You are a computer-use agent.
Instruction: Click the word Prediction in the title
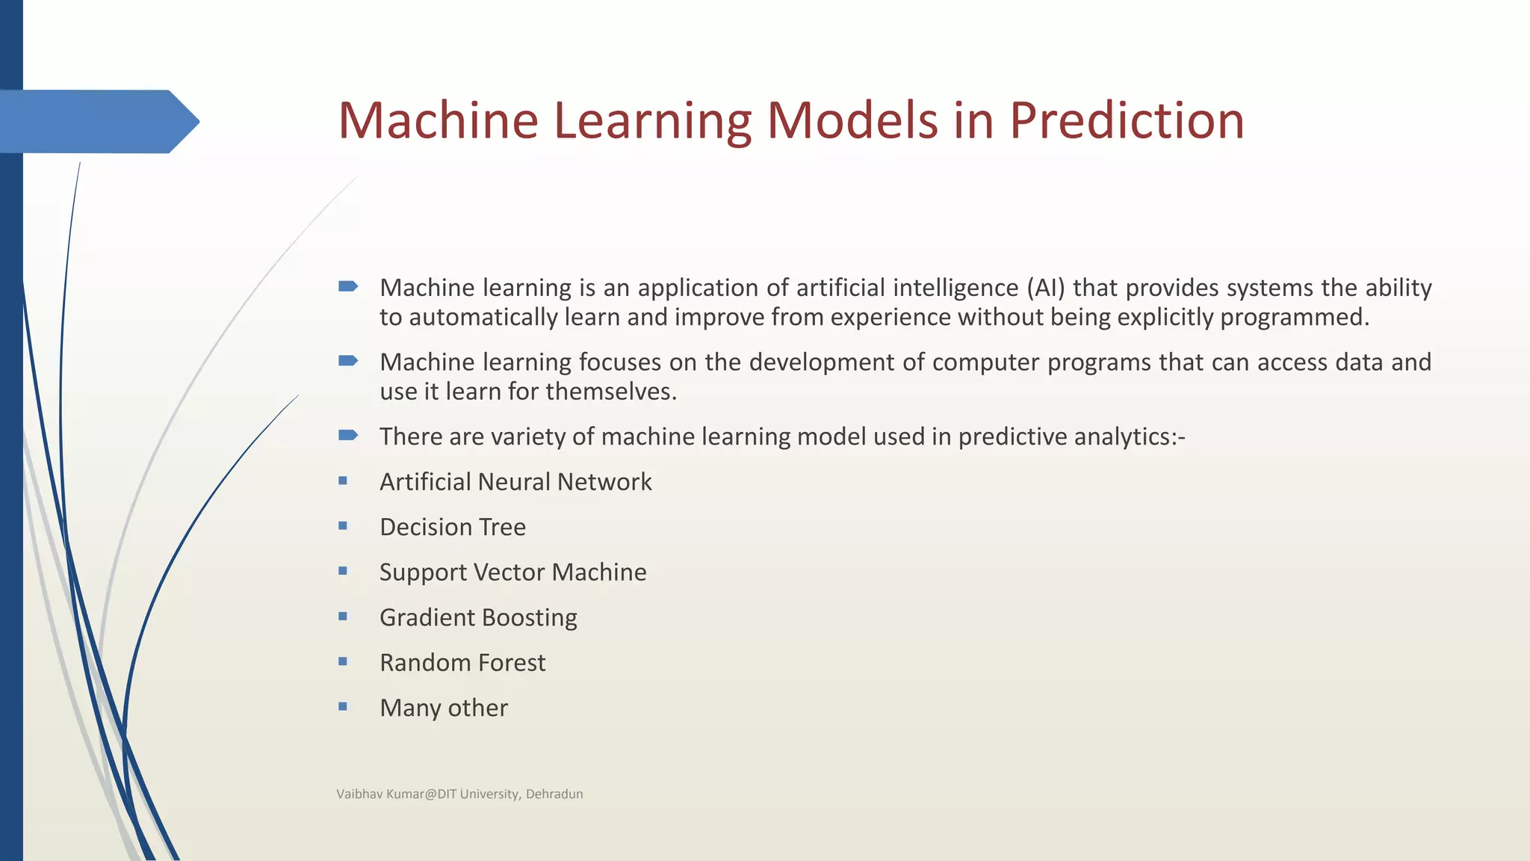[x=1127, y=120]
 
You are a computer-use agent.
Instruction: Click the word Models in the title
[x=852, y=120]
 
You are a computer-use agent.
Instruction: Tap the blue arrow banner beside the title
[x=97, y=121]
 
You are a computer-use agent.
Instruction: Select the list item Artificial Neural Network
[x=515, y=482]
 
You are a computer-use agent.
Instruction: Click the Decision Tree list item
[x=453, y=528]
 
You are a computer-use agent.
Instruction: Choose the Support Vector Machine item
[x=512, y=573]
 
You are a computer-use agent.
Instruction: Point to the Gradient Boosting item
[x=478, y=618]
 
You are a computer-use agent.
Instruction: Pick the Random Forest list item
[x=462, y=663]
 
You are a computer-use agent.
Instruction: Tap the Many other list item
[x=444, y=708]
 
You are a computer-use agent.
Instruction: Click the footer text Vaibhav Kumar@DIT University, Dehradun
[x=459, y=794]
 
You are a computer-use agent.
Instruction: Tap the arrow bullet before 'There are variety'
[x=348, y=435]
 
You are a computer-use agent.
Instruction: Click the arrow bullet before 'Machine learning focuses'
[x=348, y=361]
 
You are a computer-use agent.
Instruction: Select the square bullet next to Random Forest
[x=343, y=661]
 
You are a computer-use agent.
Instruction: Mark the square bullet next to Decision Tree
[x=343, y=526]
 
